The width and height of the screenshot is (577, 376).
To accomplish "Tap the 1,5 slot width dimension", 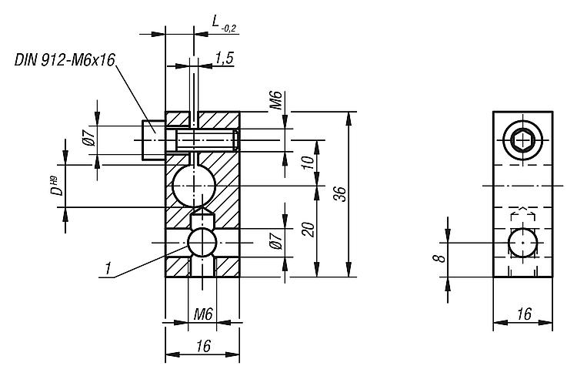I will click(225, 58).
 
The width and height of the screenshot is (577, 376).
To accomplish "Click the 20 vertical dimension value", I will click(309, 229).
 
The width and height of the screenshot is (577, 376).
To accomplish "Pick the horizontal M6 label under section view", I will click(202, 314).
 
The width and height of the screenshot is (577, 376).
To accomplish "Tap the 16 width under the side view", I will click(523, 314).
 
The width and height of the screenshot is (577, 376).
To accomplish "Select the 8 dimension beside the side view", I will click(437, 254).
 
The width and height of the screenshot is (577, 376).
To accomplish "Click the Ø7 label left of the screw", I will click(89, 139).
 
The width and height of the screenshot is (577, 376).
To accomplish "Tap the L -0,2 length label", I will click(224, 25).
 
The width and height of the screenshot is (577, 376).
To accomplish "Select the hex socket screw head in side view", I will click(523, 140).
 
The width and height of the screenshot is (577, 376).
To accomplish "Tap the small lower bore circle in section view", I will click(202, 242).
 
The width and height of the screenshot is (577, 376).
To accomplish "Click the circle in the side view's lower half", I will click(523, 242).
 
